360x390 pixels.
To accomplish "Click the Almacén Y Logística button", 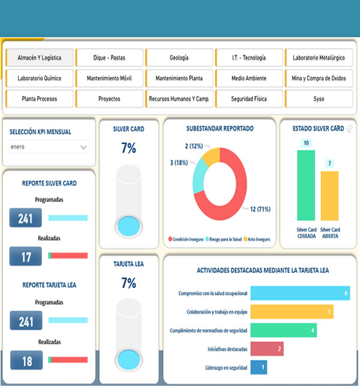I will click(40, 58).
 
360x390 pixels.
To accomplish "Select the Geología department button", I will click(179, 58).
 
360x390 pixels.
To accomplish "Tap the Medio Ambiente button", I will click(249, 78).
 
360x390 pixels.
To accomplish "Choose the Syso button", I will click(319, 98).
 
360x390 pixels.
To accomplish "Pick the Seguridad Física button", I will click(249, 98).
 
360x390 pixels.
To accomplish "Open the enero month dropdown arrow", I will click(83, 147).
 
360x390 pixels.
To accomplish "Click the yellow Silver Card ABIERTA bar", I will click(329, 196).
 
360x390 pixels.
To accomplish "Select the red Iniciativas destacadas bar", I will click(267, 349).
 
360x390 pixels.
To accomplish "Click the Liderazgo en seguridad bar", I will click(259, 367).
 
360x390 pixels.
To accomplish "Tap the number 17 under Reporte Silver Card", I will click(26, 256).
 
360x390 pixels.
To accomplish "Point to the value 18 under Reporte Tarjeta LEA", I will click(26, 361).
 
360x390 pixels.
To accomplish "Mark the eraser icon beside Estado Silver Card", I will click(350, 128).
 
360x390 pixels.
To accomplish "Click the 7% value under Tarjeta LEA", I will click(128, 283).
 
